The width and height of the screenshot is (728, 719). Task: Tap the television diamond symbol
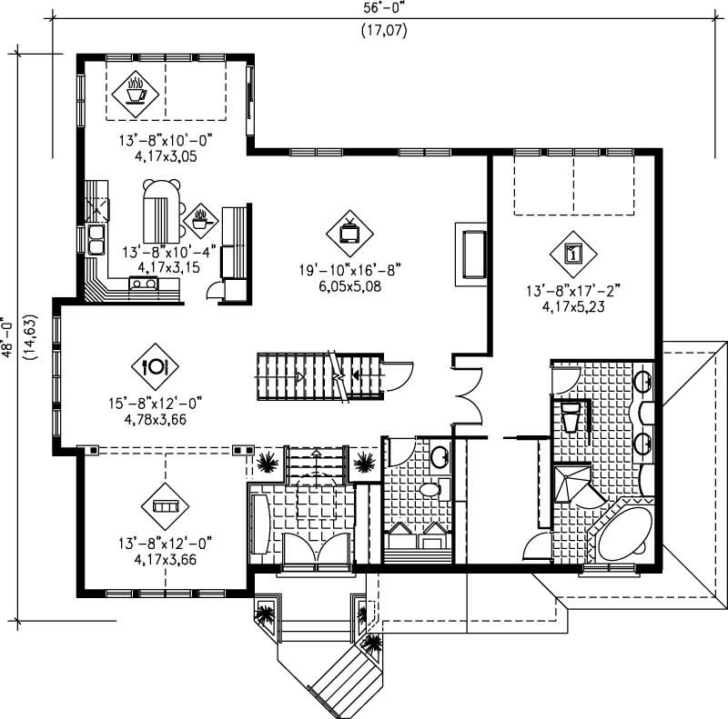(350, 229)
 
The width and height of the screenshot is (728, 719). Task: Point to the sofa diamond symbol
(165, 504)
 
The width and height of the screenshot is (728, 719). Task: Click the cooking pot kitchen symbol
(200, 219)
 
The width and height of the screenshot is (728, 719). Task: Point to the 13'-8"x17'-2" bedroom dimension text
(571, 292)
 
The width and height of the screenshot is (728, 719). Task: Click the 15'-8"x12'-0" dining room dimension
(154, 402)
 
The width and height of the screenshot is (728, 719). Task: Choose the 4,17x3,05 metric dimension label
(157, 155)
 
